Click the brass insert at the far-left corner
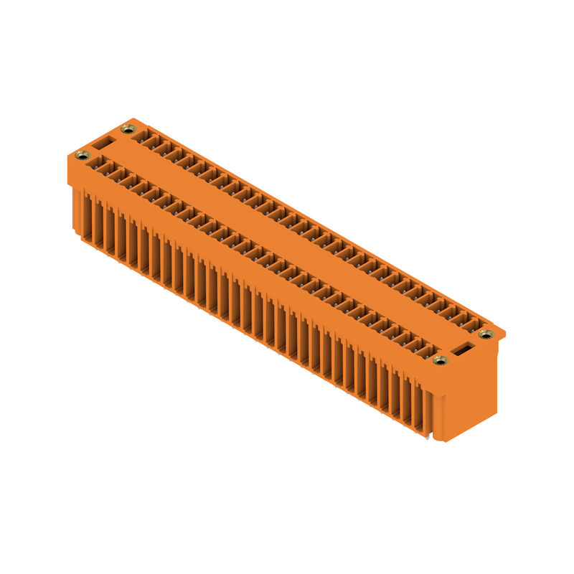pyautogui.click(x=82, y=155)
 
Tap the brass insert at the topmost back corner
pyautogui.click(x=128, y=129)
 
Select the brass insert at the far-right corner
pyautogui.click(x=486, y=334)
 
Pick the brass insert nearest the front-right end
pyautogui.click(x=440, y=359)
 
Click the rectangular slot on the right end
pyautogui.click(x=464, y=348)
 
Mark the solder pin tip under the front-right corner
pyautogui.click(x=429, y=436)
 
